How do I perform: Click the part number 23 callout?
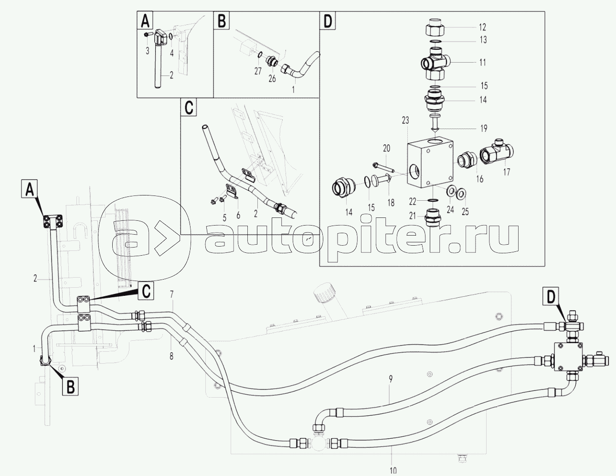pyautogui.click(x=405, y=121)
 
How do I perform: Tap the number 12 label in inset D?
pyautogui.click(x=482, y=27)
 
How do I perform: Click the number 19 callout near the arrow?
pyautogui.click(x=484, y=128)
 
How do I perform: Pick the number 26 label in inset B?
pyautogui.click(x=272, y=79)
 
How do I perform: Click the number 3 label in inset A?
pyautogui.click(x=148, y=50)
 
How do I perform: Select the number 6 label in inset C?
pyautogui.click(x=237, y=215)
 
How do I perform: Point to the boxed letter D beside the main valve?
pyautogui.click(x=551, y=297)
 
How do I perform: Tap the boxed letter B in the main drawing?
pyautogui.click(x=70, y=386)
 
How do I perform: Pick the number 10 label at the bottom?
pyautogui.click(x=393, y=470)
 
